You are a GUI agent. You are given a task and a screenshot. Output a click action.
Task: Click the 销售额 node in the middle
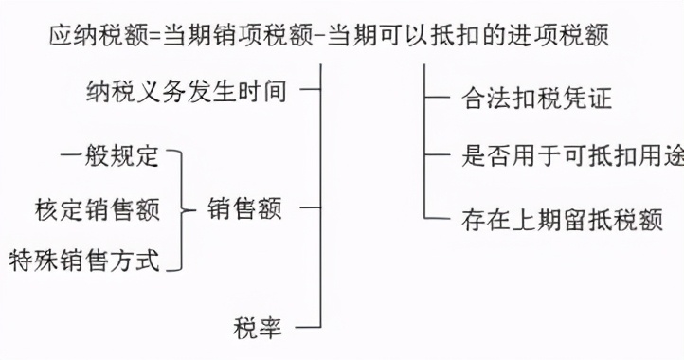point(243,208)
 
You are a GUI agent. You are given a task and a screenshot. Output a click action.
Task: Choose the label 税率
point(257,328)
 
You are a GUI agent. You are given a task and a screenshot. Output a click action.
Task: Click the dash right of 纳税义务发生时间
point(308,92)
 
